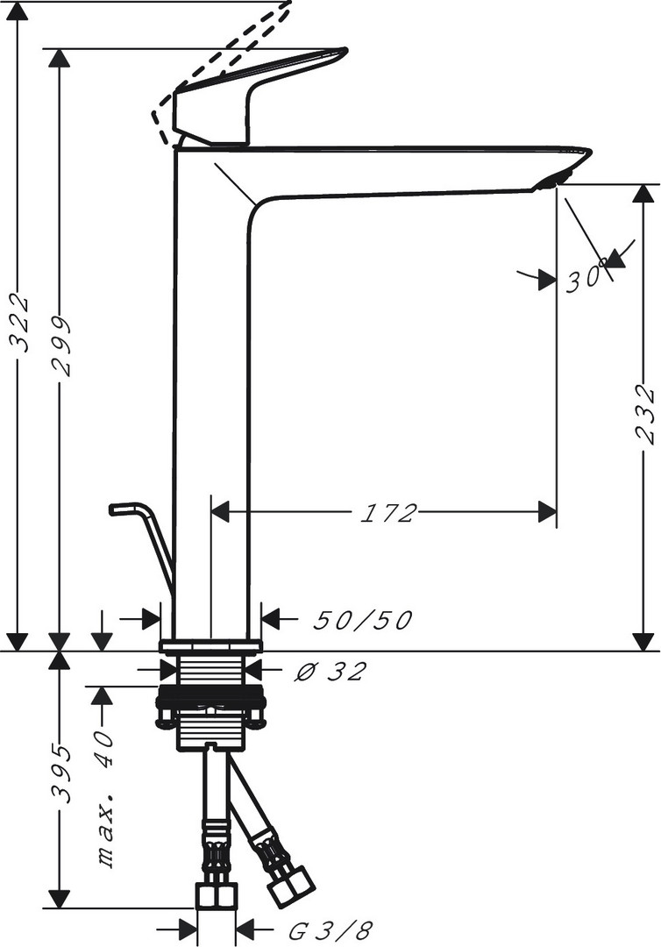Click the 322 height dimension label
(x=21, y=323)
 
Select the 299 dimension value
(x=60, y=346)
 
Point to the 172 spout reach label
(x=389, y=513)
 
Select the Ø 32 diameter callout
(x=330, y=671)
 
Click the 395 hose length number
(x=61, y=774)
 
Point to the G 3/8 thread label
(x=330, y=930)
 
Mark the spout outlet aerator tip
(x=553, y=181)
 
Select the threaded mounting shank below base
(x=210, y=671)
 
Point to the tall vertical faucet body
(x=210, y=393)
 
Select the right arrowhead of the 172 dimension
(x=546, y=513)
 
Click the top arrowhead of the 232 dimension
(x=645, y=194)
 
